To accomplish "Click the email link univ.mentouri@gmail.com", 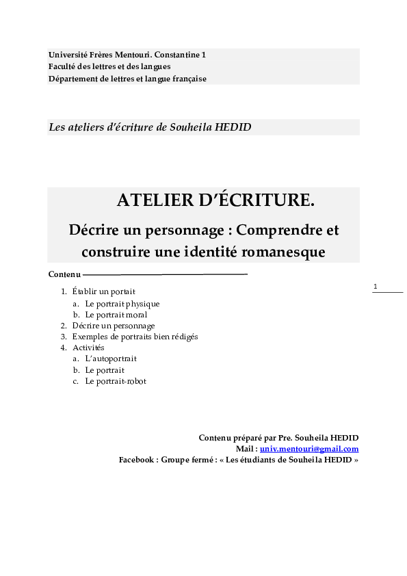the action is point(309,449).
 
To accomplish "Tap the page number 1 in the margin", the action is point(376,287).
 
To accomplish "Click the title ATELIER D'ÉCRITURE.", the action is point(216,200).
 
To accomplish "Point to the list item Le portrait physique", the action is point(122,303).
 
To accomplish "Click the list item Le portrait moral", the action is point(116,315).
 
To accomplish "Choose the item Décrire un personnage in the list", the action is point(114,326).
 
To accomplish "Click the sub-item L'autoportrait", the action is point(111,358).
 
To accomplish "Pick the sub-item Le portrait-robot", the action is point(116,381).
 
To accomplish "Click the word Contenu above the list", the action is point(64,274).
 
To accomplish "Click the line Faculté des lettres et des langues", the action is point(109,66).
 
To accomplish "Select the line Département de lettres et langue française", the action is point(127,79).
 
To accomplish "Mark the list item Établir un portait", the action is point(104,291).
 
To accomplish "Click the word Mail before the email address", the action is point(245,449).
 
